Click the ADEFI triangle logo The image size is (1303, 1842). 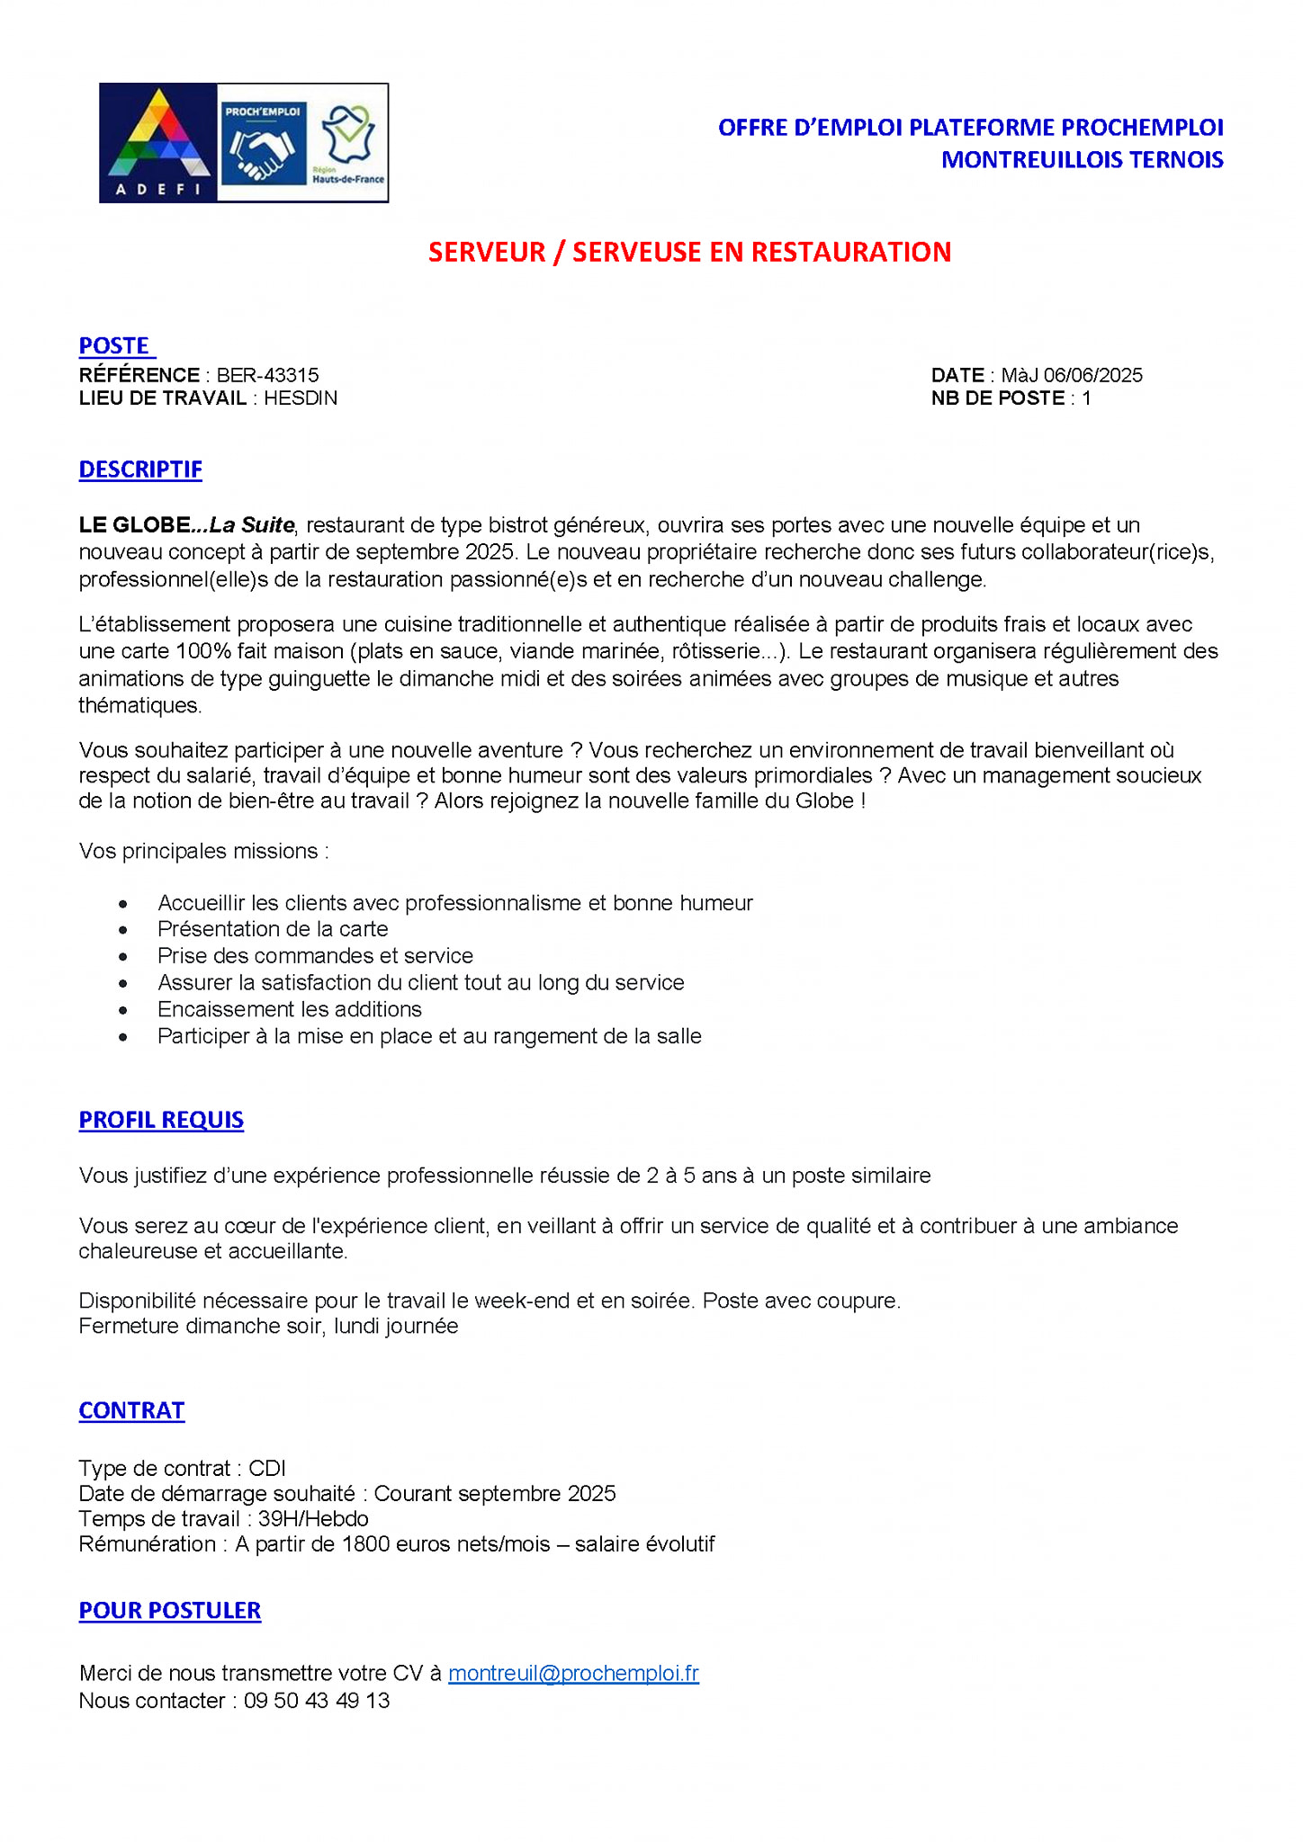click(158, 142)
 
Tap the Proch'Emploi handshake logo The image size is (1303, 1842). click(263, 143)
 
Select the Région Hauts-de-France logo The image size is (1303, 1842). click(347, 143)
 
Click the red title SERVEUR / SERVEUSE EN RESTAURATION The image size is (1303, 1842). click(689, 253)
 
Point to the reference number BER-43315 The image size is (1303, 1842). click(267, 375)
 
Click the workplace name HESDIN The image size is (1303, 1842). click(301, 398)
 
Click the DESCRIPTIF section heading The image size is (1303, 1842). click(140, 469)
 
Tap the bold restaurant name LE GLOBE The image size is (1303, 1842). click(134, 525)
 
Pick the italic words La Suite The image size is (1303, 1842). click(251, 525)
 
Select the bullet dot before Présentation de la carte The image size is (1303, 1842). click(123, 930)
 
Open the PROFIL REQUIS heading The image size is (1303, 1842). click(161, 1120)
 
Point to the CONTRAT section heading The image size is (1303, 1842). click(131, 1410)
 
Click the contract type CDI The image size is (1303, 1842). click(267, 1468)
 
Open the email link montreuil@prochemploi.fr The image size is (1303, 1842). click(573, 1673)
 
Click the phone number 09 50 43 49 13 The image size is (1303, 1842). click(317, 1700)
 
